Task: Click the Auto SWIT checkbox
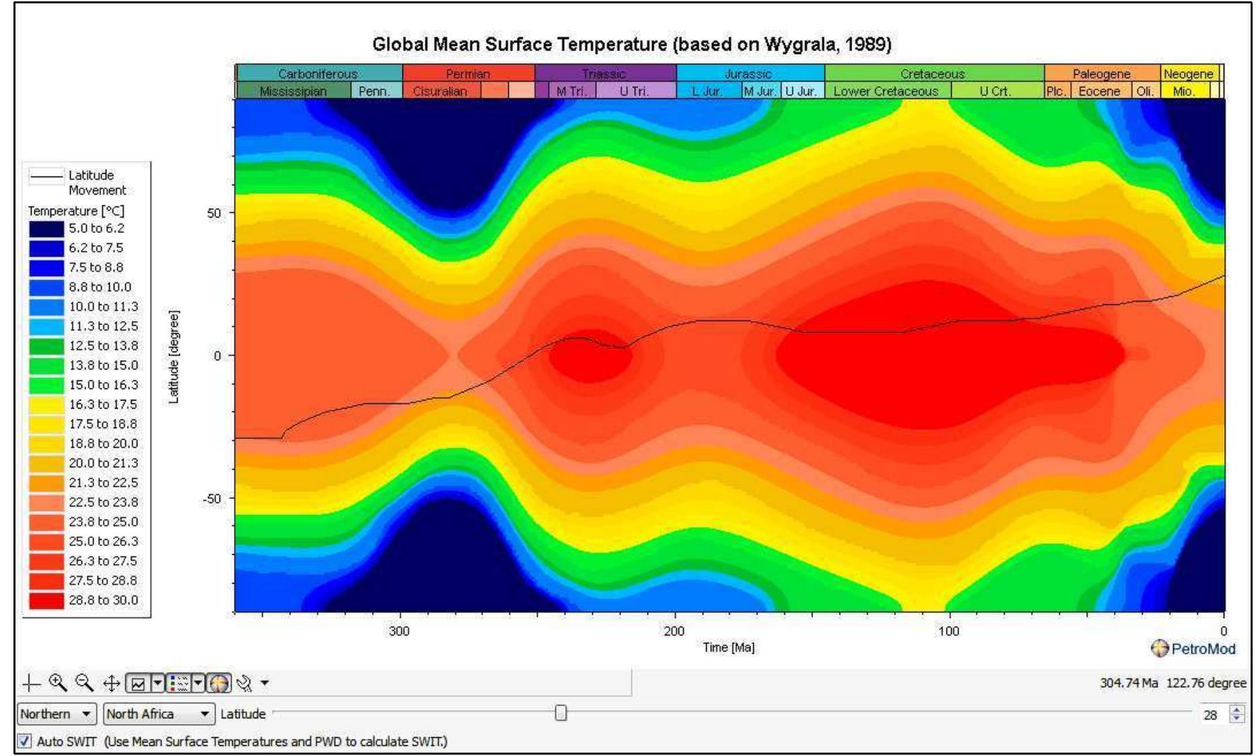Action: [x=24, y=741]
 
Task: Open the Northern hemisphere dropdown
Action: [x=56, y=714]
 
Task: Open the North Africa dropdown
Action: [x=159, y=714]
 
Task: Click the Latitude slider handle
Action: [x=561, y=713]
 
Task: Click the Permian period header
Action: [x=468, y=73]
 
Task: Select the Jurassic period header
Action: [x=748, y=73]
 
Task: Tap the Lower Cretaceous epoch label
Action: [x=886, y=91]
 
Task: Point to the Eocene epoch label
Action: [x=1099, y=91]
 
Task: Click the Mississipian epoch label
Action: [x=293, y=91]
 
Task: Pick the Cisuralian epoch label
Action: [x=440, y=91]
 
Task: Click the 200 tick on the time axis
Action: [x=674, y=631]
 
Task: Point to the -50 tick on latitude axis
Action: [x=212, y=499]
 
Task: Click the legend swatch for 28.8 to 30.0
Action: [x=46, y=600]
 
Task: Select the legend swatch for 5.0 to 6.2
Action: [x=46, y=228]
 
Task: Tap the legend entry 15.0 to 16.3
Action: [x=103, y=384]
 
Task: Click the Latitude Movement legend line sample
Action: [x=46, y=176]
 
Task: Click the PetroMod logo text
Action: [x=1203, y=649]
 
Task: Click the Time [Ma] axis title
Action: [x=728, y=648]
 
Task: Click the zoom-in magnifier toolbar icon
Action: [x=58, y=683]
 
